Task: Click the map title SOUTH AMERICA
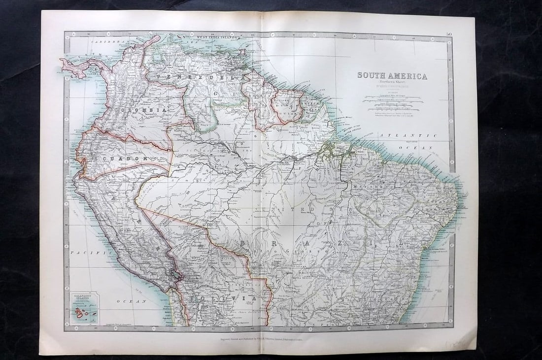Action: click(392, 76)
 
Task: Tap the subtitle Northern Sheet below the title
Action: click(392, 83)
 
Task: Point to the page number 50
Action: click(449, 34)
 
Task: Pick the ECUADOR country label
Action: click(126, 159)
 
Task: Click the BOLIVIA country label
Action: click(224, 298)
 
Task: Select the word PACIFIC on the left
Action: click(82, 252)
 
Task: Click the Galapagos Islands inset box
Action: click(84, 308)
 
